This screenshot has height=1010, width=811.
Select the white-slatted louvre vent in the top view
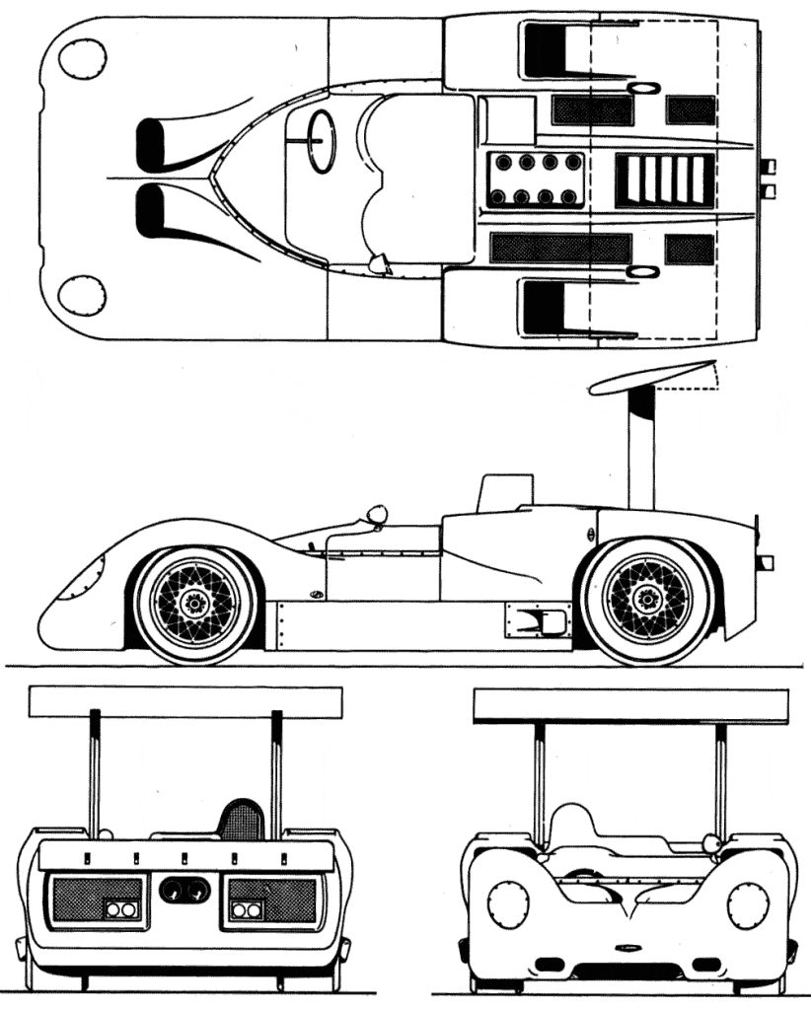tap(664, 180)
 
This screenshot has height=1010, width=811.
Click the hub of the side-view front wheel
tap(194, 598)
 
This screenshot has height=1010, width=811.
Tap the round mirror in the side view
tap(376, 514)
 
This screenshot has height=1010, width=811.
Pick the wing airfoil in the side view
tap(651, 377)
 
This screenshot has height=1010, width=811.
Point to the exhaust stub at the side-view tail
tap(765, 563)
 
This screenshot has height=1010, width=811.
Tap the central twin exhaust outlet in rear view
tap(184, 890)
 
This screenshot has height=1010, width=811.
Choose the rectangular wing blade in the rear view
tap(184, 701)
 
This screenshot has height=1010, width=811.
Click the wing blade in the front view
tap(630, 705)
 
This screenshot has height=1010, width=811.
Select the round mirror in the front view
tap(710, 842)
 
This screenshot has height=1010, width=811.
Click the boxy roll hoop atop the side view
tap(505, 491)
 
